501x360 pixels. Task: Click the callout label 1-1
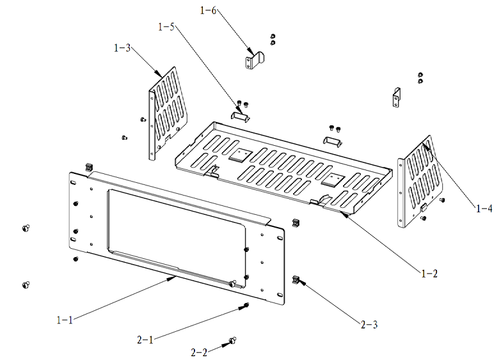[65, 320]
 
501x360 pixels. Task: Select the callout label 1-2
[429, 273]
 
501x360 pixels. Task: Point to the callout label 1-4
[484, 208]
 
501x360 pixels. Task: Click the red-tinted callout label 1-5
[166, 27]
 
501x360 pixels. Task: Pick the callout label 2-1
[147, 340]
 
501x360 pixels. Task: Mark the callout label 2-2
[199, 352]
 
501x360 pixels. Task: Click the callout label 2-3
[369, 325]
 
